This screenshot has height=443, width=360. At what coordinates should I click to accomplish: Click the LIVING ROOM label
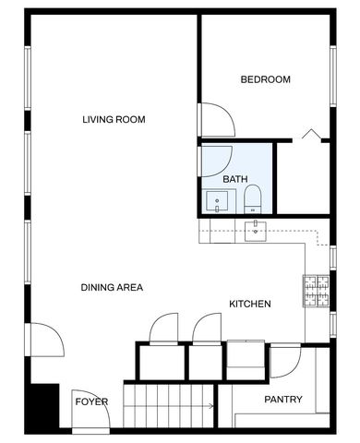pos(114,119)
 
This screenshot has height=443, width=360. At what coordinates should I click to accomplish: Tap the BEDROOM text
pos(265,79)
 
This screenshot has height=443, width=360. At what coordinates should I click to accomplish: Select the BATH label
pos(235,179)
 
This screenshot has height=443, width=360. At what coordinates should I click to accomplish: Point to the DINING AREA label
pos(111,288)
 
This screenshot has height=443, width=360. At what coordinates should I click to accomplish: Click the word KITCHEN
pos(249,304)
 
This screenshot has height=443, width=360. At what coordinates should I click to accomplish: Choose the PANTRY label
pos(283,400)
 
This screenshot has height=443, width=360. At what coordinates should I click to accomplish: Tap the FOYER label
pos(91,402)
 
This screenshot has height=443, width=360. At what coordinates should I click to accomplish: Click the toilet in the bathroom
pos(253,198)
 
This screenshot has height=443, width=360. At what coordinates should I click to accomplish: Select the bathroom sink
pos(220,200)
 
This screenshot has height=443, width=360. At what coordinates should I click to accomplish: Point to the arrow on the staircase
pos(210,404)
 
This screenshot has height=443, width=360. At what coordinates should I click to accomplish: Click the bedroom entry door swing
pos(216,118)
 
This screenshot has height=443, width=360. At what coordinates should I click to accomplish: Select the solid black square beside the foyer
pos(42,403)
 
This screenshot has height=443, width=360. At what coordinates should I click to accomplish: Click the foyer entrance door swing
pos(92,420)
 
